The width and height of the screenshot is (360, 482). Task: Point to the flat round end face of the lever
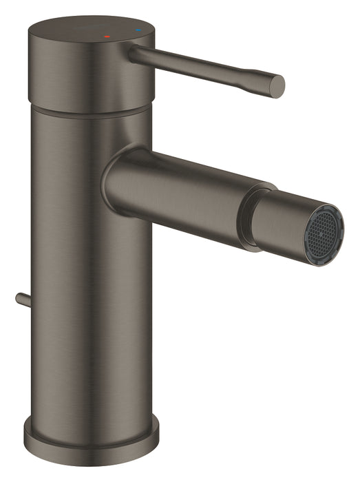coord(277,85)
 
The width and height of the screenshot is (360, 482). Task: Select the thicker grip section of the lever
coord(255,79)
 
